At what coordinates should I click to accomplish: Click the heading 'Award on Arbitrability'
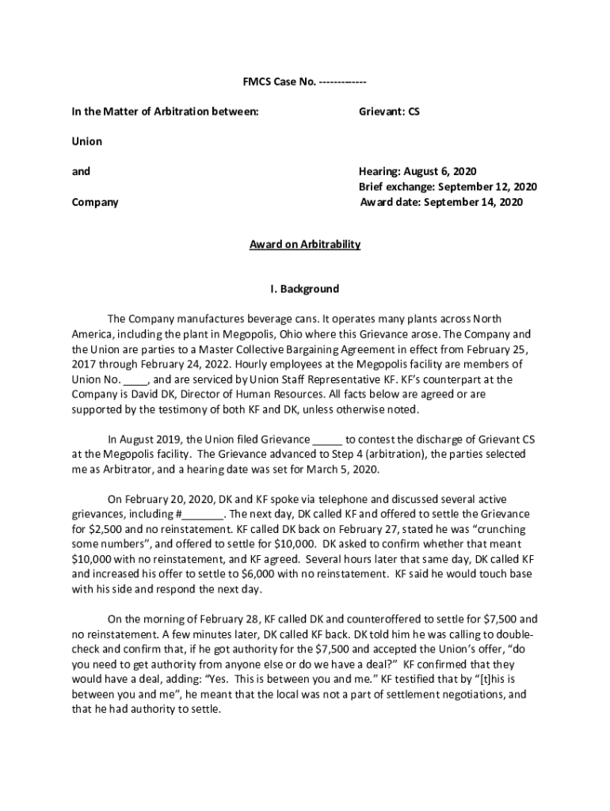tap(305, 244)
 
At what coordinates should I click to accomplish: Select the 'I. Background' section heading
tap(305, 288)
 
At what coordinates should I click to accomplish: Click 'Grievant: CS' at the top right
tap(389, 112)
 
